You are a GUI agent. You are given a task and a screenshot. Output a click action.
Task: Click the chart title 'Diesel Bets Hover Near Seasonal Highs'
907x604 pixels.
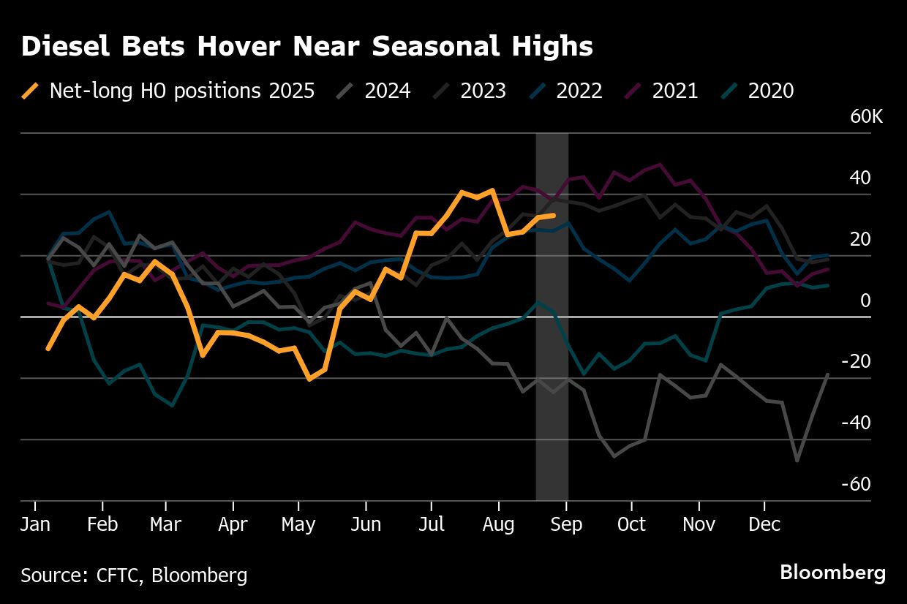(306, 47)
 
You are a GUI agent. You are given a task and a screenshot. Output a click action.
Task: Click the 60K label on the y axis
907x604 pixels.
(867, 118)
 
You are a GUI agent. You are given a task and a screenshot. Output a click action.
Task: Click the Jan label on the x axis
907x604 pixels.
(34, 525)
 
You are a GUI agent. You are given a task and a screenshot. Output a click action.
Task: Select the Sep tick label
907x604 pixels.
(566, 525)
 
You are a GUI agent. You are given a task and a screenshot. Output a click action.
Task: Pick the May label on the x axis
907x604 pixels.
(298, 525)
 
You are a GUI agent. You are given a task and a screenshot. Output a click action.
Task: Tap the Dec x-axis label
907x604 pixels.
(764, 525)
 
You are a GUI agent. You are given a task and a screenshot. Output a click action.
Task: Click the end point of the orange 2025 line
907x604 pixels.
(554, 215)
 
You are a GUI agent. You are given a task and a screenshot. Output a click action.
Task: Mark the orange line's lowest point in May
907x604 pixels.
(309, 380)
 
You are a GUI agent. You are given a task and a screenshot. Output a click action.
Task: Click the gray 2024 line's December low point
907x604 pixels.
(797, 461)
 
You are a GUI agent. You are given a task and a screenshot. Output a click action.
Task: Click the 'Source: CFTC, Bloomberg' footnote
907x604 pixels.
(134, 575)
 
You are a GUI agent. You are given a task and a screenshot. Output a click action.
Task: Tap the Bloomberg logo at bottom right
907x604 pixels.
(832, 573)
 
